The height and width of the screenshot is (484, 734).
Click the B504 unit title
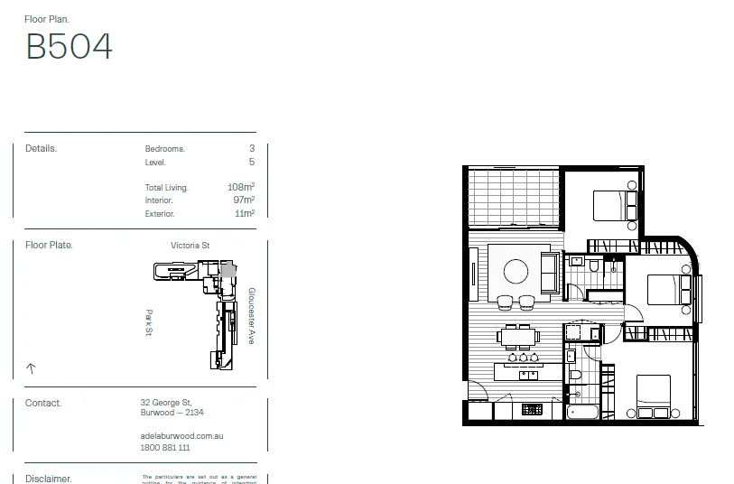pos(70,46)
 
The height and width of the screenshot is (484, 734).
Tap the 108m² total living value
pos(241,188)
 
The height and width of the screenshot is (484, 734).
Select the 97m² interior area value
pos(243,200)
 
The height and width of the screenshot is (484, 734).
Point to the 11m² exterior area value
pos(244,214)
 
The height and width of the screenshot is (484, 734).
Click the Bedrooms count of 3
pos(252,149)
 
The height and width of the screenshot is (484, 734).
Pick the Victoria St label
pos(190,246)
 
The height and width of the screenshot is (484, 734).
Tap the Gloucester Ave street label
pos(251,316)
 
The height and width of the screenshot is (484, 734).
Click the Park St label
pos(149,323)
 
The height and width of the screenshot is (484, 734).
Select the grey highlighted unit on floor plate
pos(228,268)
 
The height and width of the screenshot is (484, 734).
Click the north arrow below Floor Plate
pos(31,368)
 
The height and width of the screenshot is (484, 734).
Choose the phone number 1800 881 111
pos(165,448)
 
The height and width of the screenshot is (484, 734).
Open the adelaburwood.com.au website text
pos(181,436)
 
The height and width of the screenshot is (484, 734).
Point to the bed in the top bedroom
pos(614,205)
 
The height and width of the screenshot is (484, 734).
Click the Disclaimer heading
pos(49,479)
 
